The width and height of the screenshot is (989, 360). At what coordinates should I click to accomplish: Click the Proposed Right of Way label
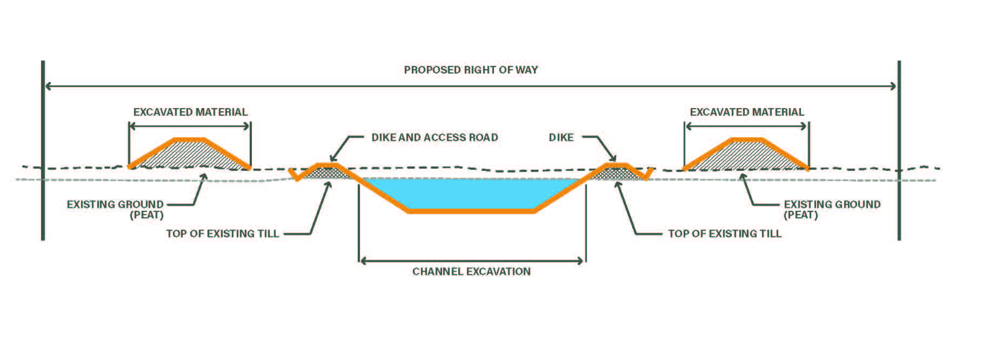(x=471, y=70)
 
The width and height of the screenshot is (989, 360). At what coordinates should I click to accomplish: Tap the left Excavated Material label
(x=190, y=112)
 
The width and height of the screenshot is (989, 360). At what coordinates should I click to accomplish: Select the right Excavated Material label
(x=747, y=112)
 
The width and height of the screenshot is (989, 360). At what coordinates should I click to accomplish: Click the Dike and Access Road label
(x=435, y=137)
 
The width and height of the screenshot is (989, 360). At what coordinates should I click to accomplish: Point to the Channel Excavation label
(x=471, y=271)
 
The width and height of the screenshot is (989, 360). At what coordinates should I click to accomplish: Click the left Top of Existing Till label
(x=222, y=234)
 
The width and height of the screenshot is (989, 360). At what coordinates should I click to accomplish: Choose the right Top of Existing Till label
(x=725, y=234)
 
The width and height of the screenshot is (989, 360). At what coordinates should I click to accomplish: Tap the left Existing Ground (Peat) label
(x=115, y=209)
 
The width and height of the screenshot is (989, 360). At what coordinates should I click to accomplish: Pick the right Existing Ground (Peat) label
(x=832, y=209)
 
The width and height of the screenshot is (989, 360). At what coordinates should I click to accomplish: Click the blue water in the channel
(x=470, y=192)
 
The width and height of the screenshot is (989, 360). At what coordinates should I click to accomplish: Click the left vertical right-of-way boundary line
(x=43, y=151)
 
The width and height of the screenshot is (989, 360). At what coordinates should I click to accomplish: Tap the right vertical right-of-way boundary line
(x=899, y=151)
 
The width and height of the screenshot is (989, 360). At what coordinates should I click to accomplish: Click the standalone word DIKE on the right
(x=561, y=137)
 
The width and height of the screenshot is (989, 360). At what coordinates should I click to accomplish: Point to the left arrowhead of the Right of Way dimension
(x=48, y=86)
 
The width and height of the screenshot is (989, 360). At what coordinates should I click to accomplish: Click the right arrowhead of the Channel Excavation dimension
(x=581, y=261)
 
